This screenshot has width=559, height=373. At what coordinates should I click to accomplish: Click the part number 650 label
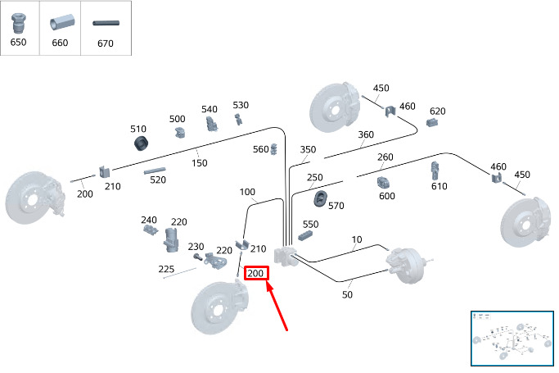pyautogui.click(x=18, y=42)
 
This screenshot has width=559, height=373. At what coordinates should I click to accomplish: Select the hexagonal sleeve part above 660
pyautogui.click(x=62, y=22)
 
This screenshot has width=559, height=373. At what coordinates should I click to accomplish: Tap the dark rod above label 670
pyautogui.click(x=106, y=23)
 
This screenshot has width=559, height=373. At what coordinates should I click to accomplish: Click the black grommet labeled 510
pyautogui.click(x=141, y=143)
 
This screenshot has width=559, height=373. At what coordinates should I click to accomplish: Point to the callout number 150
pyautogui.click(x=199, y=163)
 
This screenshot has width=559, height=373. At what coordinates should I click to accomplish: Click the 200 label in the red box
pyautogui.click(x=255, y=274)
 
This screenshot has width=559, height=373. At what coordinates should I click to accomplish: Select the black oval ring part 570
pyautogui.click(x=321, y=199)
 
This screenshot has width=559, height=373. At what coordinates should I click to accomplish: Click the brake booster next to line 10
pyautogui.click(x=408, y=266)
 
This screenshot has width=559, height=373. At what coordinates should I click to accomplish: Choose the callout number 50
pyautogui.click(x=347, y=295)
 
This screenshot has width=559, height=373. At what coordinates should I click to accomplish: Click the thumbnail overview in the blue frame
pyautogui.click(x=512, y=339)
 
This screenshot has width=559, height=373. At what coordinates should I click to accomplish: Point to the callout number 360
pyautogui.click(x=366, y=134)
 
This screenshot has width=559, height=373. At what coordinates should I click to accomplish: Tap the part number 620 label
pyautogui.click(x=437, y=111)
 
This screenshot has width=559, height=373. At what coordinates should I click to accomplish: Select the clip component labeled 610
pyautogui.click(x=435, y=171)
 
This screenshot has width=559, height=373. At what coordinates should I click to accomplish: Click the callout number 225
pyautogui.click(x=166, y=269)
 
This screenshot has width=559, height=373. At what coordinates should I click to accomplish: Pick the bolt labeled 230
pyautogui.click(x=197, y=257)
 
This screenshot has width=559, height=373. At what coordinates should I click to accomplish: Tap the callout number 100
pyautogui.click(x=247, y=192)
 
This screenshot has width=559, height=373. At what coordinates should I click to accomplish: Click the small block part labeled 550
pyautogui.click(x=305, y=235)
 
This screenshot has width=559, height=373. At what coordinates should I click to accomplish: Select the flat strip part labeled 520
pyautogui.click(x=155, y=171)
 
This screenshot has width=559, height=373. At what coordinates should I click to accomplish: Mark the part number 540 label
pyautogui.click(x=210, y=109)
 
